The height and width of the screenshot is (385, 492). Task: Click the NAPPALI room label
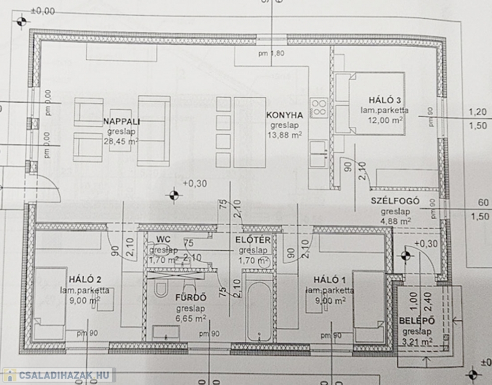(121, 121)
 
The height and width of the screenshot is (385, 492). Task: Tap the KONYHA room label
(284, 114)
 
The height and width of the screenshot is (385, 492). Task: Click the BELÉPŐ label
(416, 321)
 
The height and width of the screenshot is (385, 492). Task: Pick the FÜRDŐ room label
(191, 298)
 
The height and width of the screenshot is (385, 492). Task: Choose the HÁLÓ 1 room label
(330, 279)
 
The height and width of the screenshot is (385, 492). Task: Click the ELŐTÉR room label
(253, 240)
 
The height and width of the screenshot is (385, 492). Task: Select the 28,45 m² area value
(121, 142)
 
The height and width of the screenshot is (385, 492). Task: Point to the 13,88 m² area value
(285, 135)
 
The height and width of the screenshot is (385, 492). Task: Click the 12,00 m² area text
(385, 120)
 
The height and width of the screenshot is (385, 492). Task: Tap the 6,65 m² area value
(191, 318)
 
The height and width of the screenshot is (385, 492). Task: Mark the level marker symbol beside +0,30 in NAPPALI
(174, 194)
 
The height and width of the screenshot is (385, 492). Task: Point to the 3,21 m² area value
(416, 342)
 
